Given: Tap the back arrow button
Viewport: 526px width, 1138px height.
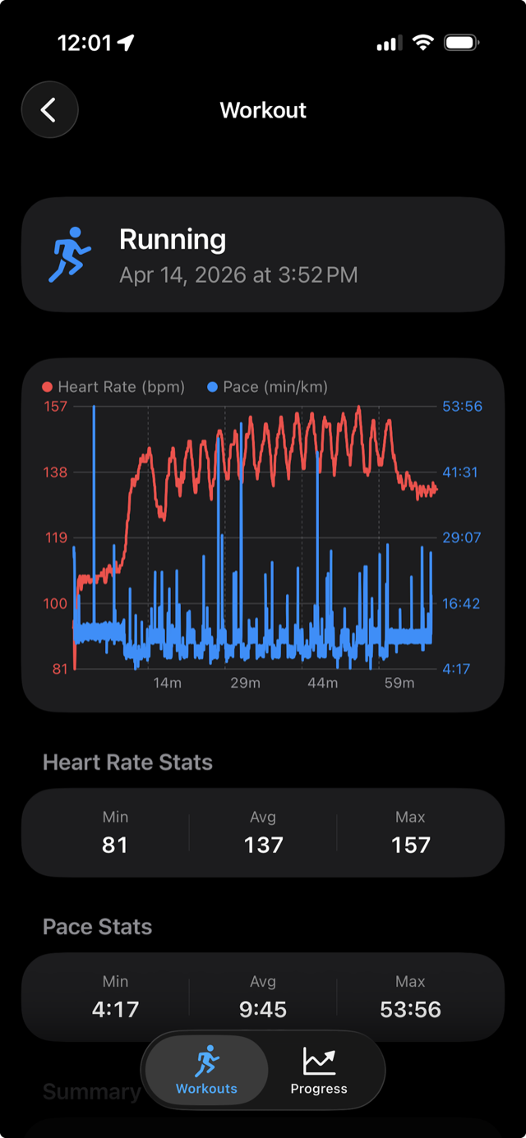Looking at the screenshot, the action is pyautogui.click(x=50, y=110).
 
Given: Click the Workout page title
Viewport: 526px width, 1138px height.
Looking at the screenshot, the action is pyautogui.click(x=263, y=110).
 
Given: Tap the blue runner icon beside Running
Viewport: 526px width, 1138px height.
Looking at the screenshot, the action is pyautogui.click(x=70, y=255).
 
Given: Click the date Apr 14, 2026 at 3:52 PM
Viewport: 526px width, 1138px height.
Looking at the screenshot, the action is pyautogui.click(x=238, y=275).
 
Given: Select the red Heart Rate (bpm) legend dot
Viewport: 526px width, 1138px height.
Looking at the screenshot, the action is pyautogui.click(x=48, y=387).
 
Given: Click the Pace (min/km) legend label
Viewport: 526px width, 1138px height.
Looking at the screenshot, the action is pyautogui.click(x=275, y=387).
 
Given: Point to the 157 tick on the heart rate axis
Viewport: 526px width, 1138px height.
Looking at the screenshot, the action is pyautogui.click(x=55, y=407).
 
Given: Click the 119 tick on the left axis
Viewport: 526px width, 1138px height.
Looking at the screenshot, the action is pyautogui.click(x=56, y=537).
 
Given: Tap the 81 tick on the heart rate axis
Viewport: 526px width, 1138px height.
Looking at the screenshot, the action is pyautogui.click(x=60, y=669).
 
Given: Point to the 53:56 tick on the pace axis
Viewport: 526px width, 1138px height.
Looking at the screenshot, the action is pyautogui.click(x=462, y=407).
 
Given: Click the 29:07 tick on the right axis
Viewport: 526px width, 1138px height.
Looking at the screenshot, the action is pyautogui.click(x=461, y=537).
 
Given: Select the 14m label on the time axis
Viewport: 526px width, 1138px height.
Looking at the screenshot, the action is pyautogui.click(x=167, y=683).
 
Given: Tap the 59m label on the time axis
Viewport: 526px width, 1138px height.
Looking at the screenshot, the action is pyautogui.click(x=399, y=683).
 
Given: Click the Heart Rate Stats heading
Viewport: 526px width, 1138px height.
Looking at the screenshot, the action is pyautogui.click(x=127, y=762).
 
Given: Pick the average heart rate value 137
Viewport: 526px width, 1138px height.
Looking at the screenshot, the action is pyautogui.click(x=263, y=845).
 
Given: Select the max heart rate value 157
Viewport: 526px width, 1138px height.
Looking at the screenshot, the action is pyautogui.click(x=411, y=845).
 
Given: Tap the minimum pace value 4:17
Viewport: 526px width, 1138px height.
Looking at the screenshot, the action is pyautogui.click(x=115, y=1009).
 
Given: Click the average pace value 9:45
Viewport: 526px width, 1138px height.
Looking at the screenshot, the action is pyautogui.click(x=263, y=1009).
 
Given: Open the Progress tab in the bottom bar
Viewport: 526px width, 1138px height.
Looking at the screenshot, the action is pyautogui.click(x=319, y=1069).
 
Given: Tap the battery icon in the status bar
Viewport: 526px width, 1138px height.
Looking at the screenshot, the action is pyautogui.click(x=461, y=43).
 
